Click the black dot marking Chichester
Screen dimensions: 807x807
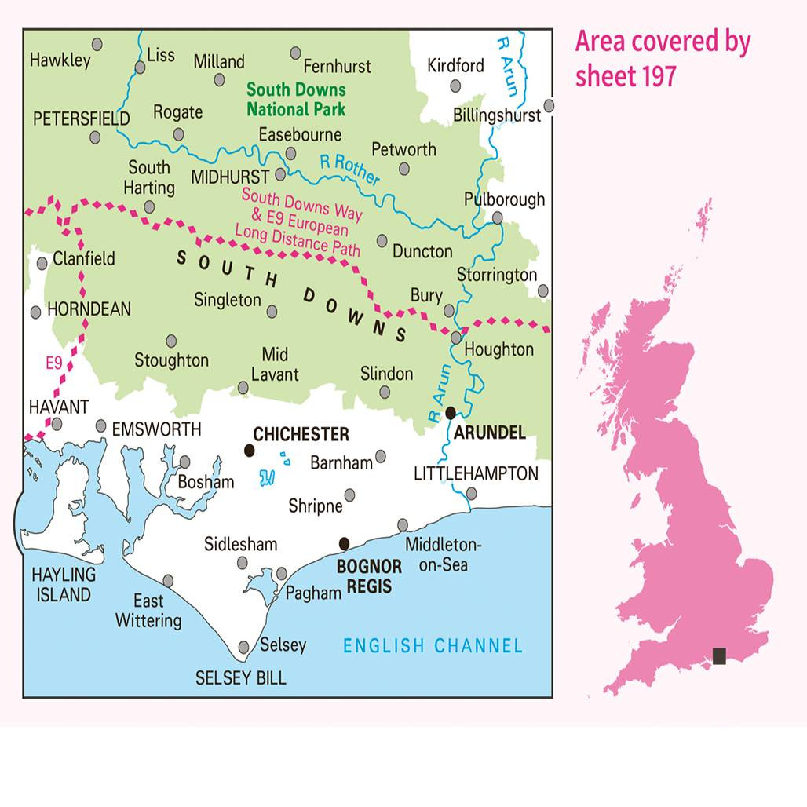(x=250, y=450)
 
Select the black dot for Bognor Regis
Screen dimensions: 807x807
(x=344, y=543)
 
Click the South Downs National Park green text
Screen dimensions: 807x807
(x=296, y=100)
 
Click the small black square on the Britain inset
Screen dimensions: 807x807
(x=719, y=655)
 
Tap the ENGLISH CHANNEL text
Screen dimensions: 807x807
(x=433, y=646)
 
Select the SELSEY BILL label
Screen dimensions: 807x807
(x=241, y=677)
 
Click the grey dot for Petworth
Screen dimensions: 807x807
(x=404, y=169)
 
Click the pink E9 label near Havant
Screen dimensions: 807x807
(x=53, y=363)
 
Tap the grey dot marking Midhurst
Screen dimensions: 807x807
(x=280, y=175)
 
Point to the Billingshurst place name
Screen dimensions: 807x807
(x=497, y=115)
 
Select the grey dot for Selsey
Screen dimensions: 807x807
(x=244, y=647)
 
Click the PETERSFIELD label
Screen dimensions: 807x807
(x=82, y=119)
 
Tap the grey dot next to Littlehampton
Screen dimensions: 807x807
(x=471, y=493)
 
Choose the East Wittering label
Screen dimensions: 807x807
(x=148, y=611)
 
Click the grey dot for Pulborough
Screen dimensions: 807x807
(x=498, y=217)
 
